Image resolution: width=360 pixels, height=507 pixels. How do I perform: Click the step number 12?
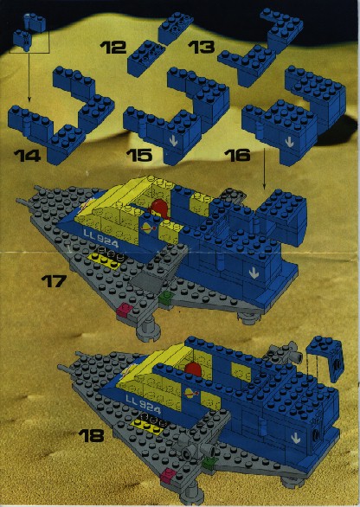click(x=113, y=48)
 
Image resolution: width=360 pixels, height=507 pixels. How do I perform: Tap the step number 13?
click(x=201, y=47)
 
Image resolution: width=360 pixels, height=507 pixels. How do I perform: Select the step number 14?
click(x=28, y=156)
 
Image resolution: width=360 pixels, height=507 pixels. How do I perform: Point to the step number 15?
click(x=139, y=155)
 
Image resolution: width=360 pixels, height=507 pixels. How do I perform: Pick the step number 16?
click(x=237, y=155)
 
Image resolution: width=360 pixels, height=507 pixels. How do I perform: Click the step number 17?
click(x=54, y=281)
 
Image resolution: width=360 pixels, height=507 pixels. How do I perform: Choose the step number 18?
click(x=92, y=435)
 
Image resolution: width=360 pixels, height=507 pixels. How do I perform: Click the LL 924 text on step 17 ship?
click(x=101, y=238)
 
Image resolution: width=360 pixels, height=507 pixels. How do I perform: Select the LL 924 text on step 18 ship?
click(x=143, y=404)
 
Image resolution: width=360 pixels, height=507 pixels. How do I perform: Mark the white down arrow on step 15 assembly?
click(x=174, y=141)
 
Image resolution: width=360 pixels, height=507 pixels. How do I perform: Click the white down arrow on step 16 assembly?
click(x=289, y=142)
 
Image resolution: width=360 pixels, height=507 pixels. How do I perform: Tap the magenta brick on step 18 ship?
click(x=168, y=476)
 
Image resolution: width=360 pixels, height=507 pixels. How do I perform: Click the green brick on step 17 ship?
click(x=166, y=296)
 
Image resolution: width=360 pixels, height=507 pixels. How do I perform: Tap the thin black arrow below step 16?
click(x=264, y=169)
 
